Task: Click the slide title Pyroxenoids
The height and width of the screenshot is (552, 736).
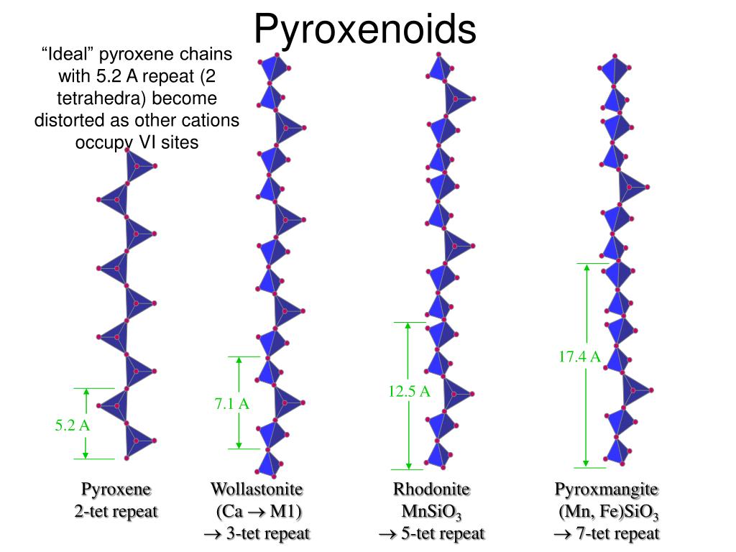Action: [365, 29]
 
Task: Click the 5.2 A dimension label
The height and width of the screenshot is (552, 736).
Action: [73, 425]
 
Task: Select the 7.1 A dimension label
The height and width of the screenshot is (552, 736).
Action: [231, 404]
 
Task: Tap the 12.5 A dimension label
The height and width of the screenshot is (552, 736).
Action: [409, 391]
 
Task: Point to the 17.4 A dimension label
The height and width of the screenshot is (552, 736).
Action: [579, 356]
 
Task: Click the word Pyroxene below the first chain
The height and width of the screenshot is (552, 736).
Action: [116, 489]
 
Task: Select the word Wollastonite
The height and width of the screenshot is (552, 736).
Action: [257, 489]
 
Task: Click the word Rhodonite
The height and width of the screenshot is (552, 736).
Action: [431, 489]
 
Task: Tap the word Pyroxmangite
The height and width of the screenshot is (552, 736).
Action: [606, 489]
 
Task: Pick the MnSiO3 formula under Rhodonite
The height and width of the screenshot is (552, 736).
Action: [431, 512]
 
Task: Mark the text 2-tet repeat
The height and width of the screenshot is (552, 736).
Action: [116, 512]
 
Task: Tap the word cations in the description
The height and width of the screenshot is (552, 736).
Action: [209, 120]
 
